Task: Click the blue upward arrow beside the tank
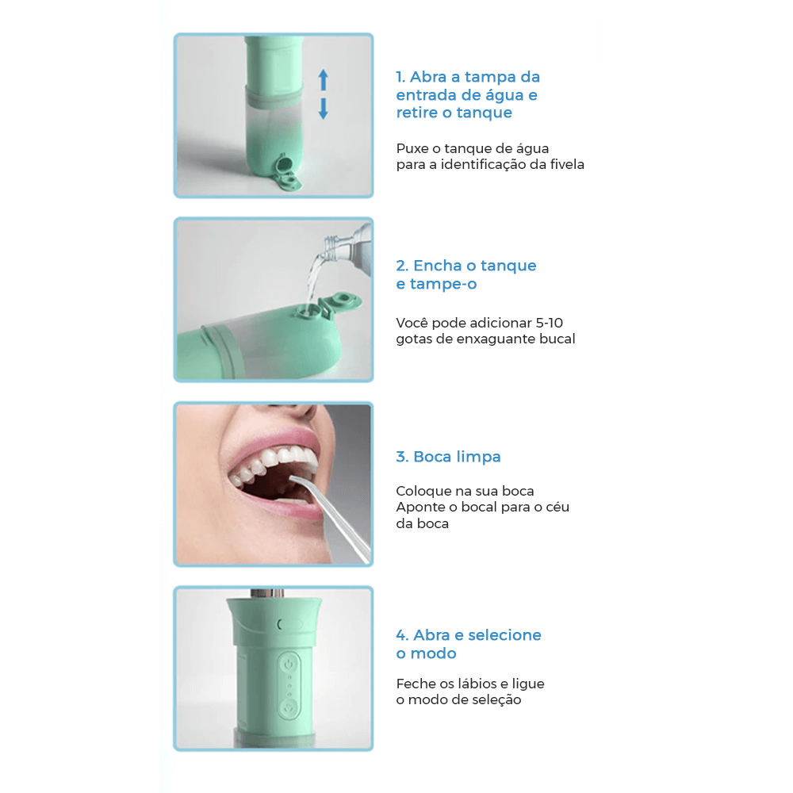pyautogui.click(x=324, y=80)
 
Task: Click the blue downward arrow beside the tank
pyautogui.click(x=324, y=109)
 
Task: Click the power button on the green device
pyautogui.click(x=289, y=664)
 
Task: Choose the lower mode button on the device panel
pyautogui.click(x=289, y=708)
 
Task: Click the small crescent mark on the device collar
pyautogui.click(x=279, y=625)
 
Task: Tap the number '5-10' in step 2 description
pyautogui.click(x=550, y=323)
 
